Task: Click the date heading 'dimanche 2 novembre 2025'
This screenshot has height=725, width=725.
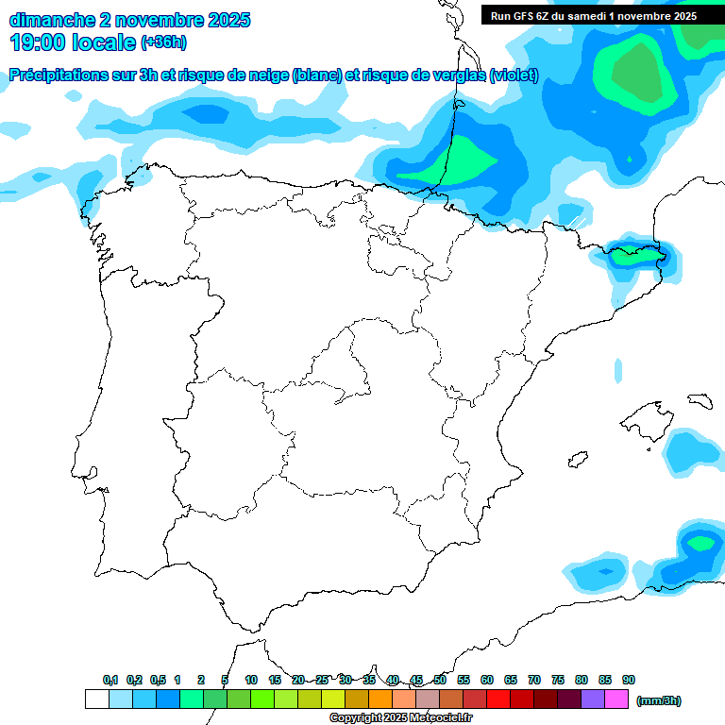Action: [129, 20]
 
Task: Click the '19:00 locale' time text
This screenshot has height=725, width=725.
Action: [73, 42]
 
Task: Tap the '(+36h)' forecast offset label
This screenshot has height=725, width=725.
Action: [163, 42]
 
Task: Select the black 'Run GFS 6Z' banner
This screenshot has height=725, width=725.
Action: [593, 15]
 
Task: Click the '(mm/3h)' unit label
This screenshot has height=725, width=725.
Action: [659, 700]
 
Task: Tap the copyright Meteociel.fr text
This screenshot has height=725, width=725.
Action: [400, 718]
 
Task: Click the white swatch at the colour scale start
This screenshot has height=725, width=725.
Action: [97, 700]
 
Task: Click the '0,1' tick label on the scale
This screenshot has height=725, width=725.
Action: [110, 680]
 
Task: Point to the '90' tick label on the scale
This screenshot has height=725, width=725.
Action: [629, 680]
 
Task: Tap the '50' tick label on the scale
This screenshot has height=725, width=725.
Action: [440, 680]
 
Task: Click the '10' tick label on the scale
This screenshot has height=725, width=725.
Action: [251, 680]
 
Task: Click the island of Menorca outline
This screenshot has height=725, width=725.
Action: [699, 400]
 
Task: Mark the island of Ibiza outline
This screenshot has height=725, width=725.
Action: [576, 460]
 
